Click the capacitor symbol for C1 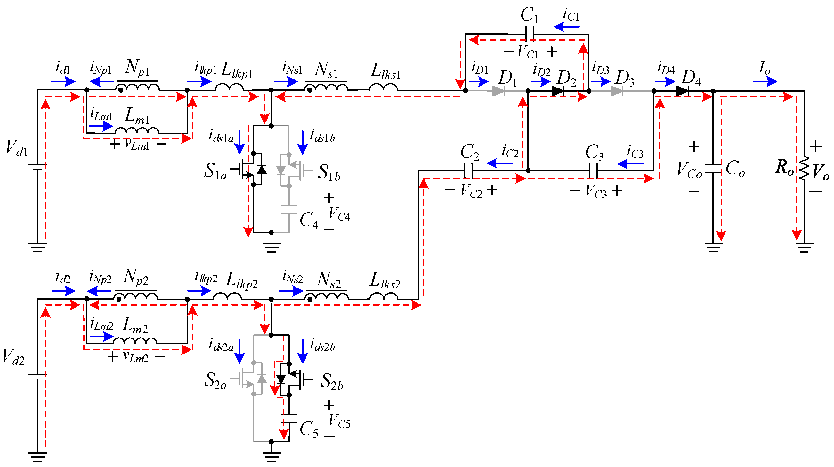530,34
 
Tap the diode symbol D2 557,91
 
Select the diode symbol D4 683,91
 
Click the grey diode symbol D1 498,91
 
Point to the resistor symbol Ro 804,169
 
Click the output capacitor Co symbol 713,169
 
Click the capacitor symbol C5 289,418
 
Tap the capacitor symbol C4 289,209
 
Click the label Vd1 17,148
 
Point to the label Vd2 13,357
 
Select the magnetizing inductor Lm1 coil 137,130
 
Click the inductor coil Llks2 384,296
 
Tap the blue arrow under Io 765,81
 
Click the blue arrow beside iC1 567,27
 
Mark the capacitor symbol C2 468,171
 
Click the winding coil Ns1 327,88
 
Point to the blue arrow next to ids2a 239,351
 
